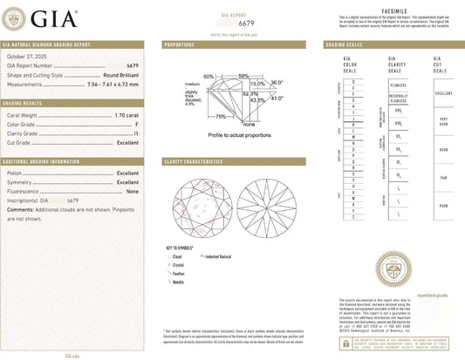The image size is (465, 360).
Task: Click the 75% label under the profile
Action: (221, 116)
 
